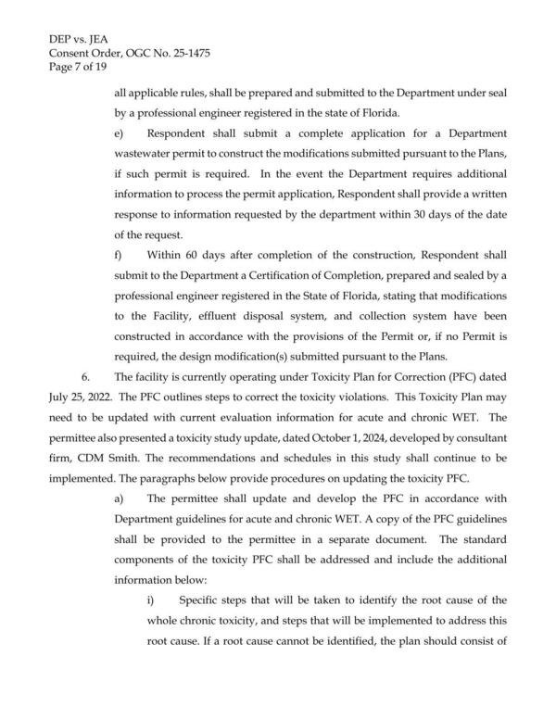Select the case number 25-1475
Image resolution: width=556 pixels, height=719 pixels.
click(x=187, y=54)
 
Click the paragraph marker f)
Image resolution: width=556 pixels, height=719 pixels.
click(x=118, y=254)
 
